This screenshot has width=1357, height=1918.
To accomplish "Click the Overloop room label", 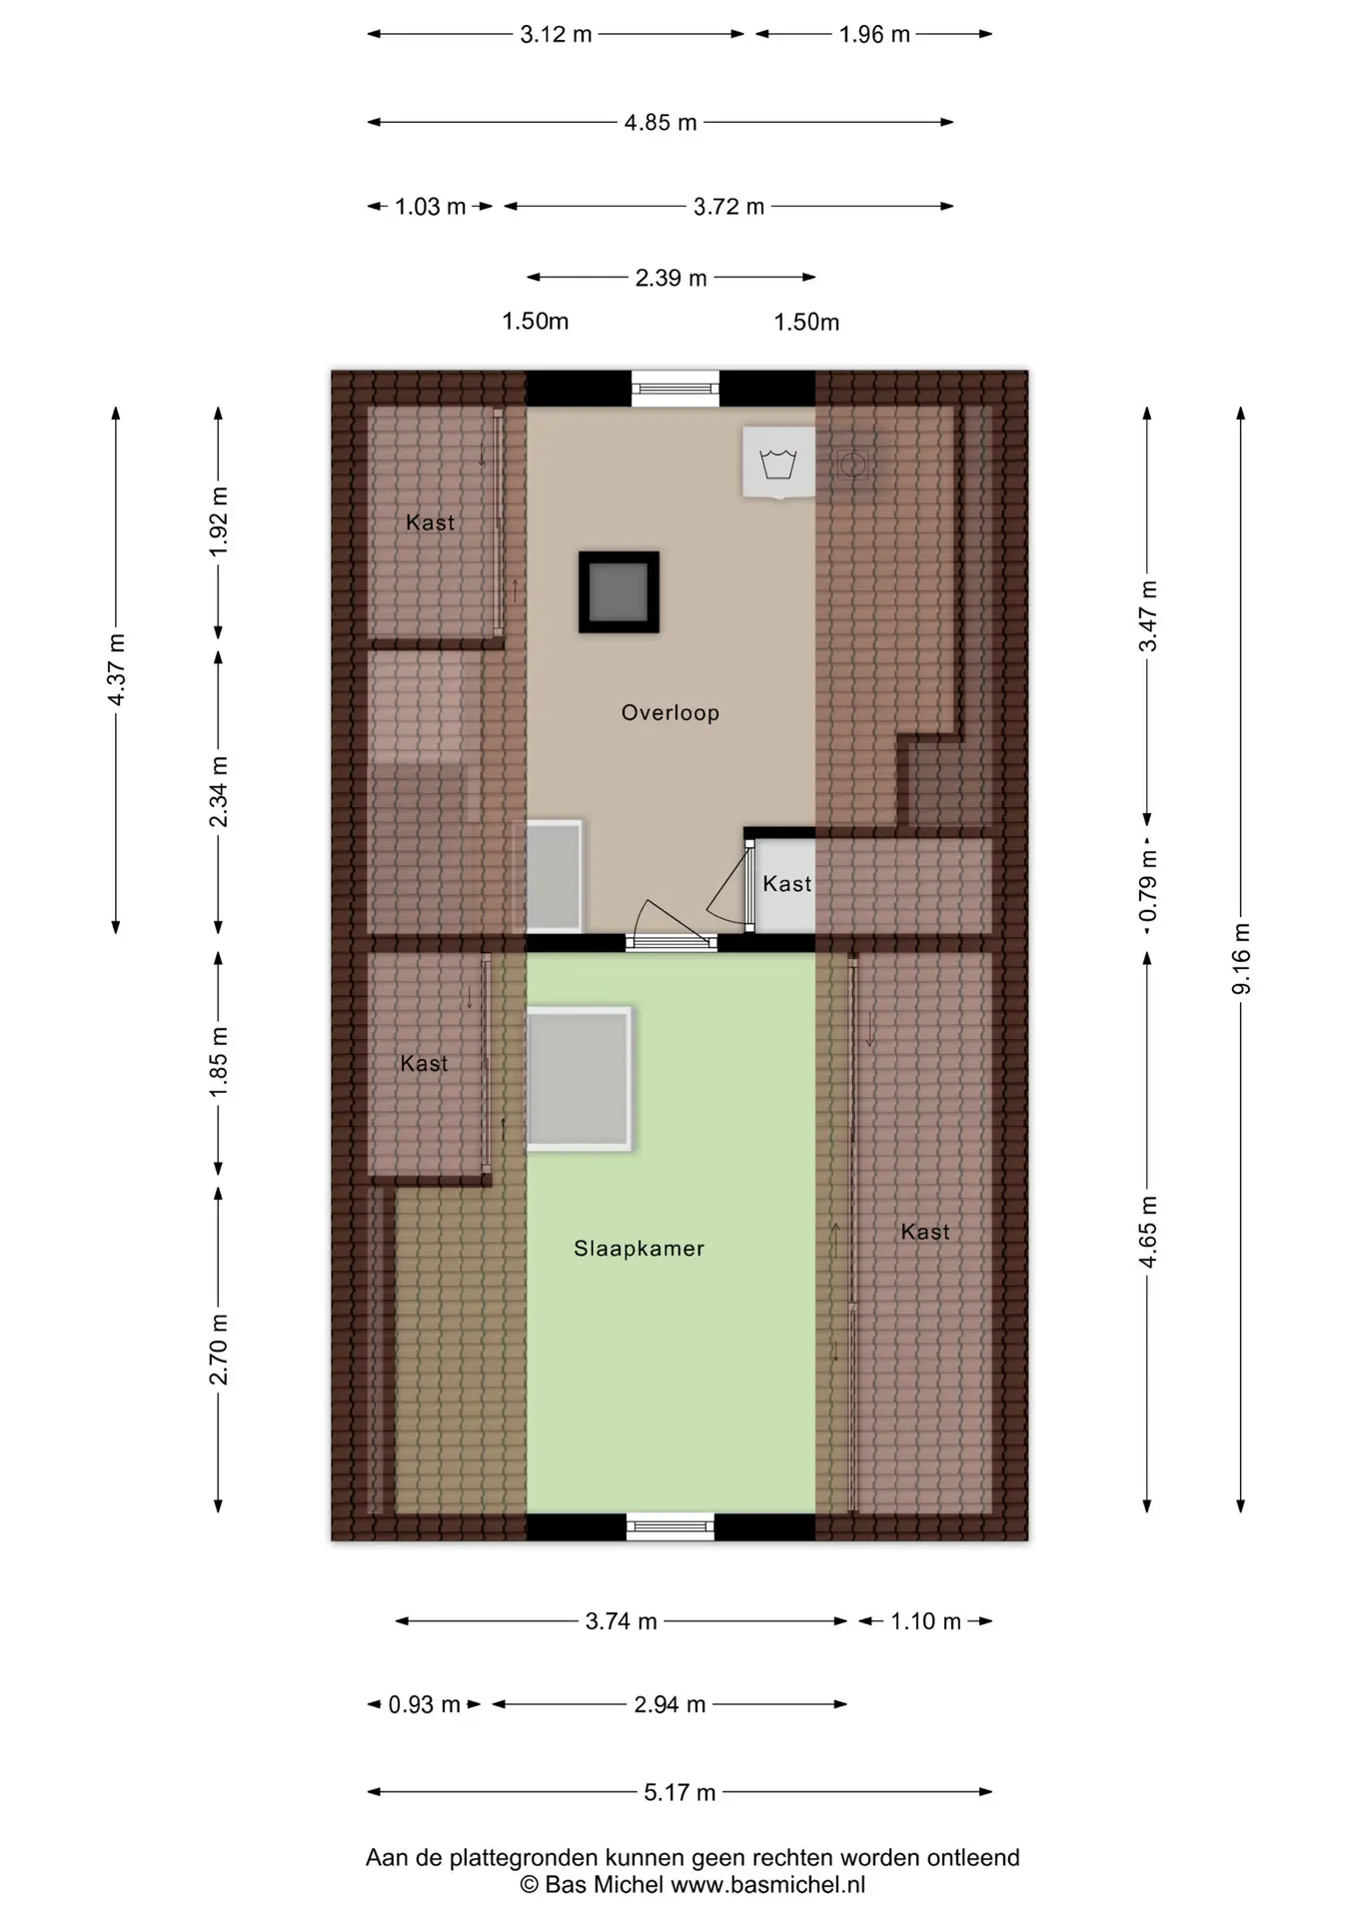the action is click(x=670, y=712).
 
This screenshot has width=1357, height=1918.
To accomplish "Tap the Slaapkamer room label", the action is click(x=639, y=1248).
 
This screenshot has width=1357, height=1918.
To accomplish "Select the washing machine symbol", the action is click(x=778, y=463).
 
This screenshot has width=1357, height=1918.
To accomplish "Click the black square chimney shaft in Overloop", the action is click(x=619, y=592).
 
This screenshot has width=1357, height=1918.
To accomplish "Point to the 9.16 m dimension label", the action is click(x=1241, y=959).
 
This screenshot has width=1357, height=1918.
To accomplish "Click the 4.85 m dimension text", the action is click(x=661, y=123).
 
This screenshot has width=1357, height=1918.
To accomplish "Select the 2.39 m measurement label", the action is click(x=671, y=278).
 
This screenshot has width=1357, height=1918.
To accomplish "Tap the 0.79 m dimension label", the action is click(x=1147, y=886).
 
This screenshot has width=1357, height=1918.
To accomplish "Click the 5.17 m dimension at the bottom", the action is click(x=679, y=1792).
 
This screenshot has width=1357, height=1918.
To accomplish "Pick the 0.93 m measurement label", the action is click(x=424, y=1704).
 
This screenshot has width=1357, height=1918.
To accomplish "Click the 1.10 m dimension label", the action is click(x=925, y=1620).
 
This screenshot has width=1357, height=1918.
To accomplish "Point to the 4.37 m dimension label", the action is click(x=116, y=669).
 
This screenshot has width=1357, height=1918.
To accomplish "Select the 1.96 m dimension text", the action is click(x=874, y=35).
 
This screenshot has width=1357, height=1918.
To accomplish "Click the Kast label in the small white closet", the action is click(x=787, y=884).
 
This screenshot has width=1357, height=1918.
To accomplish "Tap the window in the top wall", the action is click(x=675, y=389).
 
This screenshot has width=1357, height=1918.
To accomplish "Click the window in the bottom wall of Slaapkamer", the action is click(x=671, y=1526).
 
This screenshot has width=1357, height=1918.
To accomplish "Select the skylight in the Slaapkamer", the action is click(x=580, y=1079).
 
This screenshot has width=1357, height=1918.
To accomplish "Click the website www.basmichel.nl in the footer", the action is click(x=767, y=1885).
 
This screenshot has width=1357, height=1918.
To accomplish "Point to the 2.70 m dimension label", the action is click(x=219, y=1350).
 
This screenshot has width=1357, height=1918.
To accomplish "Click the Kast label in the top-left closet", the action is click(x=430, y=522).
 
